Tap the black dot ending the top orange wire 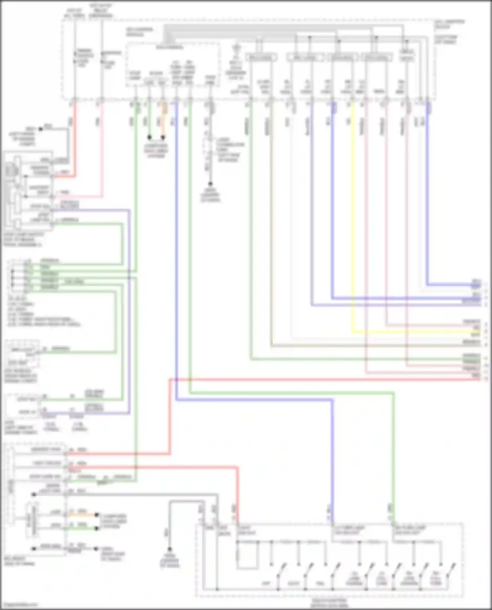[x=163, y=137]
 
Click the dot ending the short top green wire [x=149, y=137]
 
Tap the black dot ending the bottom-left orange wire [x=97, y=515]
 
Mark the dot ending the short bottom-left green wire [x=97, y=528]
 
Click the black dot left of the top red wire [x=41, y=129]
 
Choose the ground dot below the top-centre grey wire [x=210, y=184]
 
